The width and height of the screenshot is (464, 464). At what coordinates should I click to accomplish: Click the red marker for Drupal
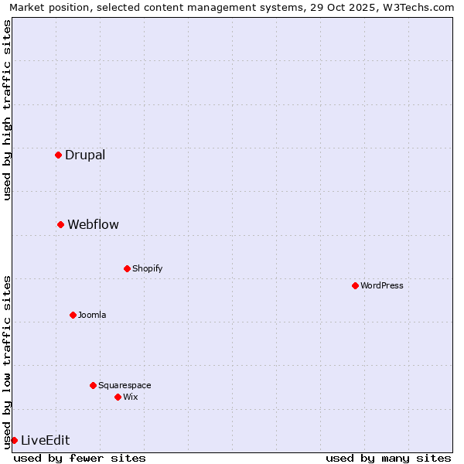coord(58,155)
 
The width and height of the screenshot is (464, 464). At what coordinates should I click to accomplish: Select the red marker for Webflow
coord(60,224)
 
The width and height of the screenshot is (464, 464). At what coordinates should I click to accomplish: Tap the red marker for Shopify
coord(127,268)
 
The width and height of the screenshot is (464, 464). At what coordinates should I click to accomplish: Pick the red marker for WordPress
coord(355,285)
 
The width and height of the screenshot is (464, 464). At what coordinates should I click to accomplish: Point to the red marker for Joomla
coord(73,315)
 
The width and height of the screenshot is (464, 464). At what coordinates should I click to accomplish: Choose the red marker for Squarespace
coord(93,385)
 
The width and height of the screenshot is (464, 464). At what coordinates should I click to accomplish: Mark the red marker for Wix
coord(118,397)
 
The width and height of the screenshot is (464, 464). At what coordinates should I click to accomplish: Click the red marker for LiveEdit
coord(14,440)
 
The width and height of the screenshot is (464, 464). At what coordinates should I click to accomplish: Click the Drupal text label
coord(85,155)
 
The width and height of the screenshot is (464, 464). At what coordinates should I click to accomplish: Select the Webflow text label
coord(93,224)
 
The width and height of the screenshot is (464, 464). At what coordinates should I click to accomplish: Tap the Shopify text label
coord(147,268)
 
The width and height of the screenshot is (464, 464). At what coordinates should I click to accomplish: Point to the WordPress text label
coord(381,285)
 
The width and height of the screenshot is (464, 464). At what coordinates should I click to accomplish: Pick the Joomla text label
coord(92,315)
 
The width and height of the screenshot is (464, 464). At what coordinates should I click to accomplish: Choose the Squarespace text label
coord(125,385)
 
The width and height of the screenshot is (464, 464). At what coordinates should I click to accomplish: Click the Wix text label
coord(130,397)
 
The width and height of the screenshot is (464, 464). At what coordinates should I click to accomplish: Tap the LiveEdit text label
coord(45,440)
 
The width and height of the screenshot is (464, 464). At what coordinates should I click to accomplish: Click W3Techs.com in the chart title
coord(418,7)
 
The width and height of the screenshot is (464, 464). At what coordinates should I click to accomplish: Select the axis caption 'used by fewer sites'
coord(80,458)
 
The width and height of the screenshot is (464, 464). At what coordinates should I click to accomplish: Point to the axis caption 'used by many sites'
coord(388,458)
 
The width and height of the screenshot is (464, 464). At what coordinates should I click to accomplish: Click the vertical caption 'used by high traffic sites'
coord(7,110)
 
